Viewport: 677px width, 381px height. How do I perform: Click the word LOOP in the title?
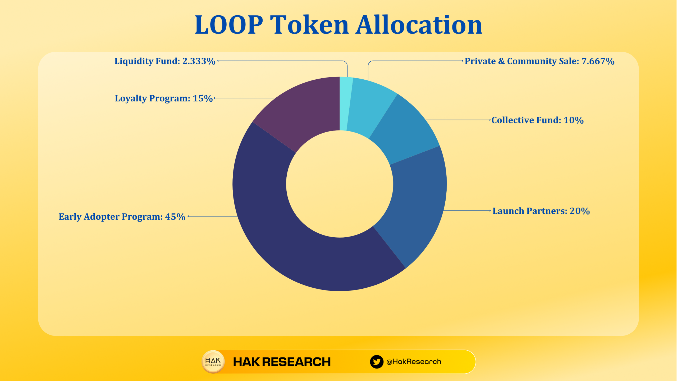click(229, 25)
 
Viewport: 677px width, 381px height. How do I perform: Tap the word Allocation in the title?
click(419, 25)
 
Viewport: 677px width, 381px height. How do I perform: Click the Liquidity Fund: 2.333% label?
click(165, 61)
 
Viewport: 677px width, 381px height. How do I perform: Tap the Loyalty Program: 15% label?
click(164, 98)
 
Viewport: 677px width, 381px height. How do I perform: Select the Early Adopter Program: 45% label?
click(122, 217)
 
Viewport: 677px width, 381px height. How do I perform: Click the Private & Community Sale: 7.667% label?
click(539, 61)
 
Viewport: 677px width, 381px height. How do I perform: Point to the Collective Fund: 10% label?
click(537, 120)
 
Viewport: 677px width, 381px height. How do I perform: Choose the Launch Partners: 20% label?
click(541, 211)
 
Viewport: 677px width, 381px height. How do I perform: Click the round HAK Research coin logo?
click(213, 362)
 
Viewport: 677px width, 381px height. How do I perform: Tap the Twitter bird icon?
click(377, 362)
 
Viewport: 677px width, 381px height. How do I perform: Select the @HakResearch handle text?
click(414, 362)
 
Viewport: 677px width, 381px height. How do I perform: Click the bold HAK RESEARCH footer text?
click(282, 362)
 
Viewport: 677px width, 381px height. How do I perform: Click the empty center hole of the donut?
click(340, 184)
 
